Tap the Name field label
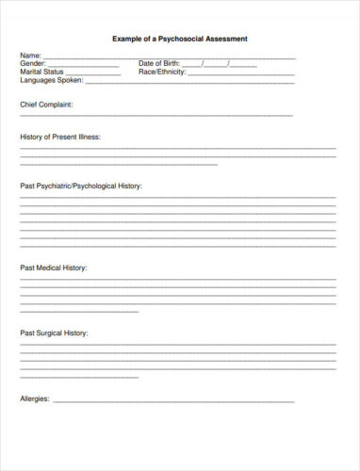pos(30,57)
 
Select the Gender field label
pos(33,64)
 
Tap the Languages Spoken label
pos(49,79)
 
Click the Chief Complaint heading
pos(46,105)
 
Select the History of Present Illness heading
pos(60,138)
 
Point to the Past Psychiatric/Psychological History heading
pos(81,187)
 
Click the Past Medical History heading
pos(54,268)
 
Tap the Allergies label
pos(35,398)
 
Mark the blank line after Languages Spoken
pos(141,82)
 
